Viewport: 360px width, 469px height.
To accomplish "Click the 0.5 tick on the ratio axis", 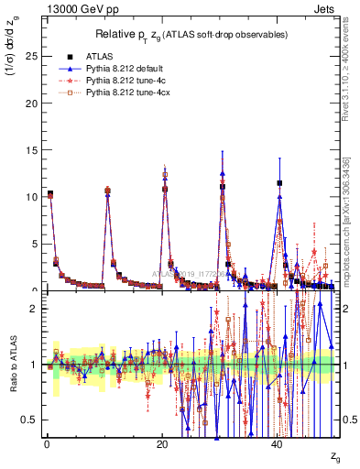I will pyautogui.click(x=29, y=420).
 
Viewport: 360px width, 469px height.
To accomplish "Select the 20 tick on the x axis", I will pyautogui.click(x=161, y=444).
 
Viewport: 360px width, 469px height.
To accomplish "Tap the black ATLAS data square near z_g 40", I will pyautogui.click(x=279, y=183).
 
